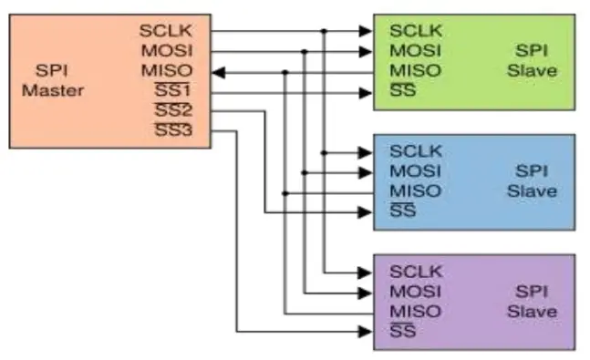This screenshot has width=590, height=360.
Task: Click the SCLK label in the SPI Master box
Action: pos(165,31)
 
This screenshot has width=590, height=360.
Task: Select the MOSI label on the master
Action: pos(166,51)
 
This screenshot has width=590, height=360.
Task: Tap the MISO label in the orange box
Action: pos(166,71)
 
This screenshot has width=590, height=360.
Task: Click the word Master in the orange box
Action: pos(54,90)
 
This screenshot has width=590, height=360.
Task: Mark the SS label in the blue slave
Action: pos(402,211)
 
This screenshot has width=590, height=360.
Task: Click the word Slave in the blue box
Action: pos(532,191)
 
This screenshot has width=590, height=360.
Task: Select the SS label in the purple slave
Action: pos(402,332)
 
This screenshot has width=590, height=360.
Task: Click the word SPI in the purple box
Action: pos(532,292)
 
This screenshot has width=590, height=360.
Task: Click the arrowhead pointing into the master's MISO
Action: pos(218,71)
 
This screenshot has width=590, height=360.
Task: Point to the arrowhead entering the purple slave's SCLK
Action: pos(367,272)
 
